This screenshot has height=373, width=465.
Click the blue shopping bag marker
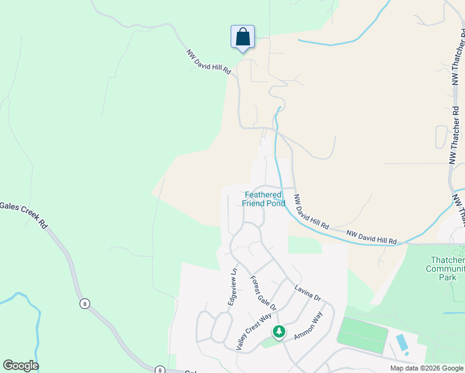[242, 37]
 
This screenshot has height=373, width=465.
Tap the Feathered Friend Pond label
[264, 199]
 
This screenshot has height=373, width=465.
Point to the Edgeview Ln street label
[234, 286]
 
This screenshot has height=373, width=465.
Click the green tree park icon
[279, 332]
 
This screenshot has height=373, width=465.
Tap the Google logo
[21, 366]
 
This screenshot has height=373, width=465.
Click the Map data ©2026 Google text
[426, 368]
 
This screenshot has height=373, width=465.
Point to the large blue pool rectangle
[402, 343]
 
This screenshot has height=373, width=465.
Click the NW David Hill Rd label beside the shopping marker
[209, 62]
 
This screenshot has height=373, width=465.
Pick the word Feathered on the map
[264, 195]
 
